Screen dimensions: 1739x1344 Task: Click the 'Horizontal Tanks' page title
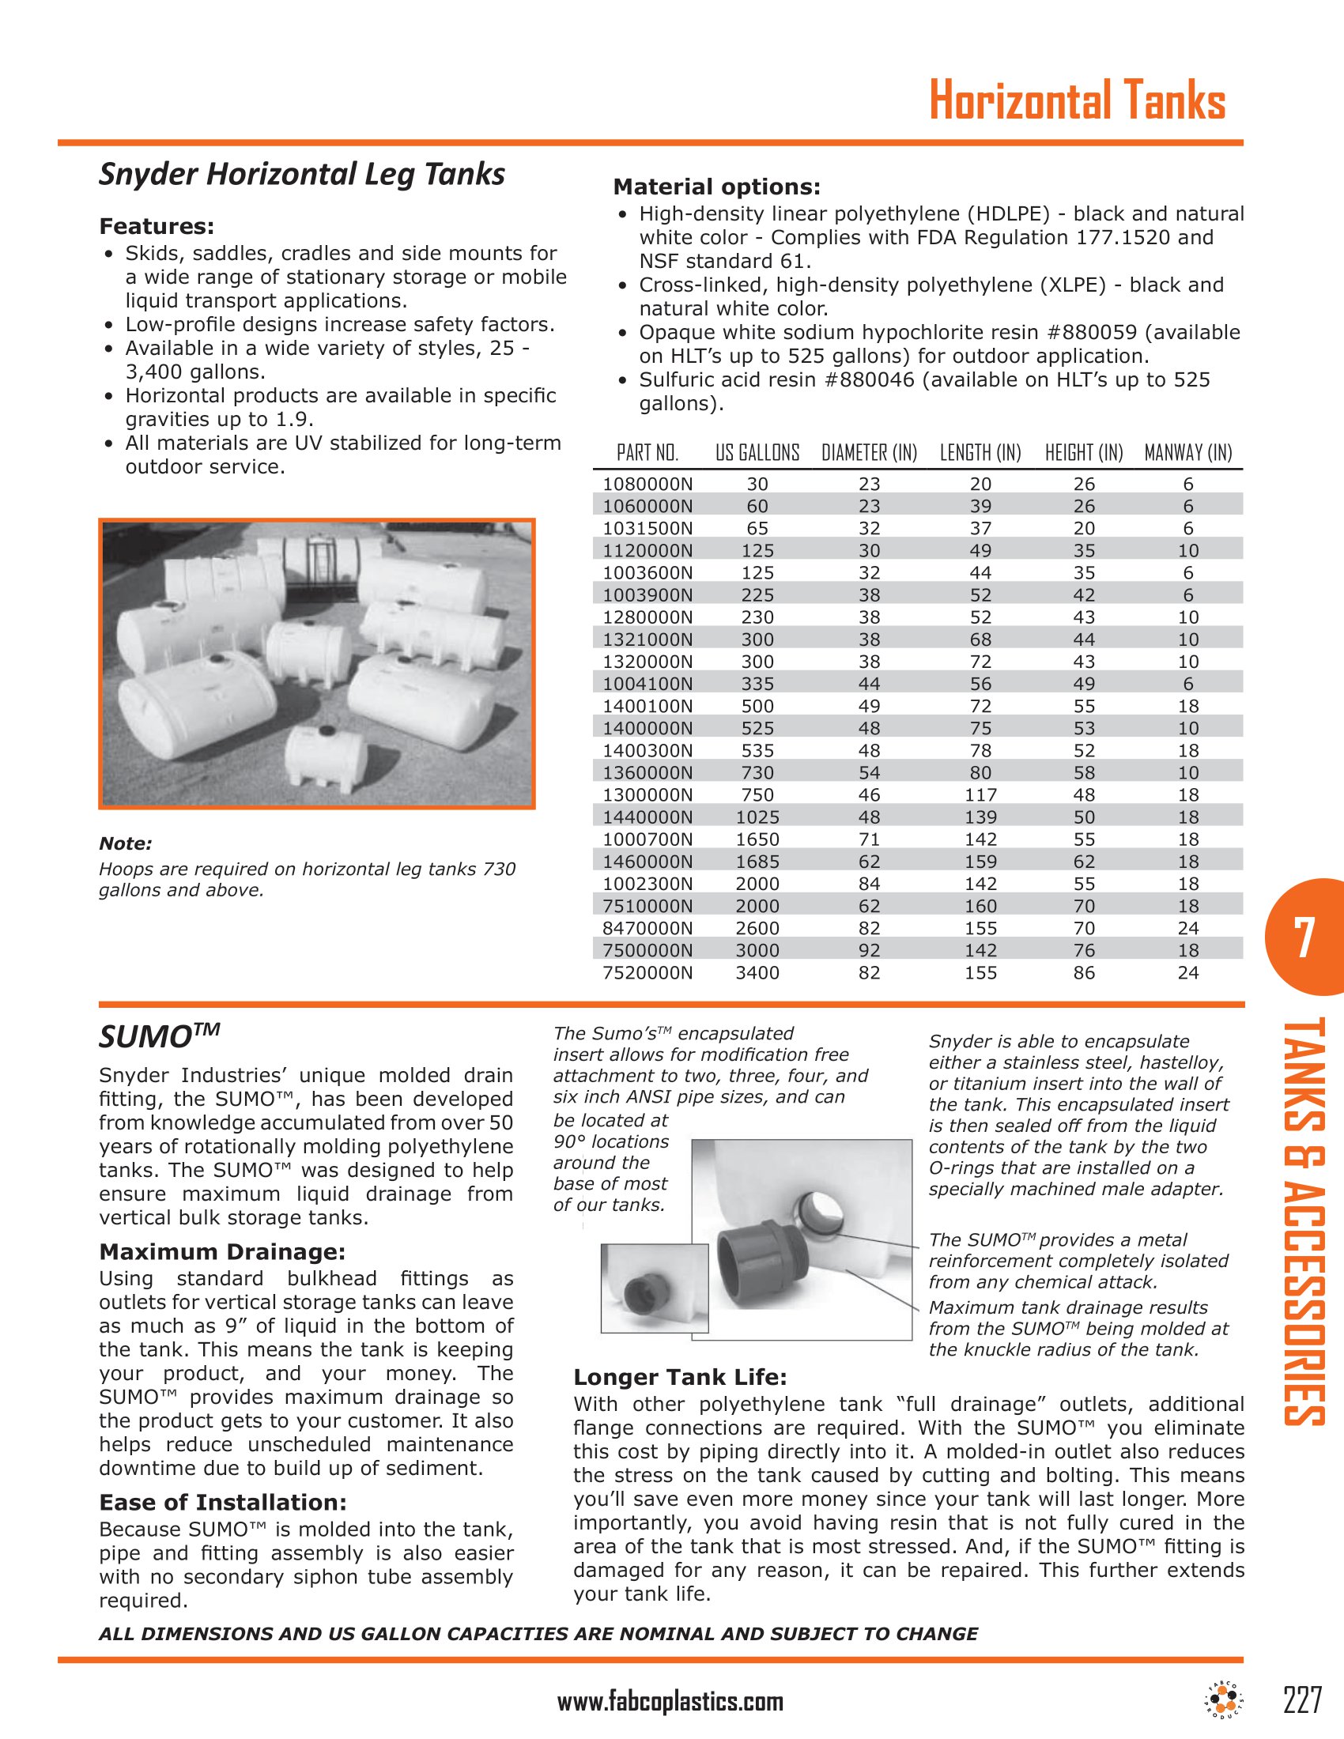coord(1078,102)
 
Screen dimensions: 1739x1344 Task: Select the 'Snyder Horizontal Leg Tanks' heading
coord(302,175)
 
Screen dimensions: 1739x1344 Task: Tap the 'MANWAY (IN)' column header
coord(1188,453)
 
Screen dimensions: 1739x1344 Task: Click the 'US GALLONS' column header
coord(757,453)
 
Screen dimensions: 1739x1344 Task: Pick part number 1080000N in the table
coord(647,484)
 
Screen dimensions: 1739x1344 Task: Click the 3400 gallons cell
coord(757,972)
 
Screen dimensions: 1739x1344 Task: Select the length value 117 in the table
coord(980,794)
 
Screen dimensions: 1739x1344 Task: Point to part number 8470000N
coord(647,928)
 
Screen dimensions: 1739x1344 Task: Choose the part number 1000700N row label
coord(647,839)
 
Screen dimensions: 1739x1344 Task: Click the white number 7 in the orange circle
coord(1304,939)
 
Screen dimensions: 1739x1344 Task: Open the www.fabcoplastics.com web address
coord(670,1703)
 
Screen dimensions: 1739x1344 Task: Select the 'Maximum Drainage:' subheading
coord(222,1252)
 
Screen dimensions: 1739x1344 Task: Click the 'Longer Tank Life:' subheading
coord(680,1378)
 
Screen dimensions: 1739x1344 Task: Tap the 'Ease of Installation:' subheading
coord(223,1503)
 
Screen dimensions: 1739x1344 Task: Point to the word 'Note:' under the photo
coord(125,844)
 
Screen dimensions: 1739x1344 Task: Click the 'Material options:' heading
coord(715,187)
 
